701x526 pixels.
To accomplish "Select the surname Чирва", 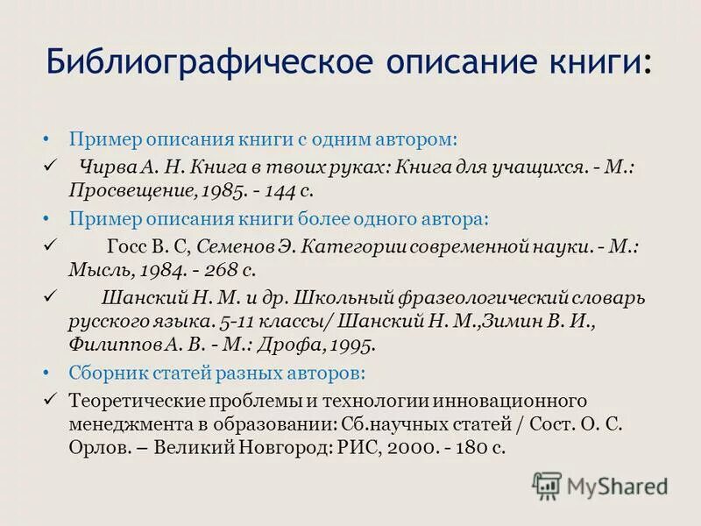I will click(105, 166).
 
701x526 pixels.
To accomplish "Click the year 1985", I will click(222, 188).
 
